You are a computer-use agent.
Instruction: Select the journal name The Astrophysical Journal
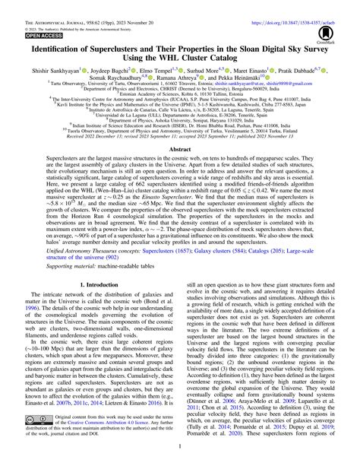pyautogui.click(x=45, y=5)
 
